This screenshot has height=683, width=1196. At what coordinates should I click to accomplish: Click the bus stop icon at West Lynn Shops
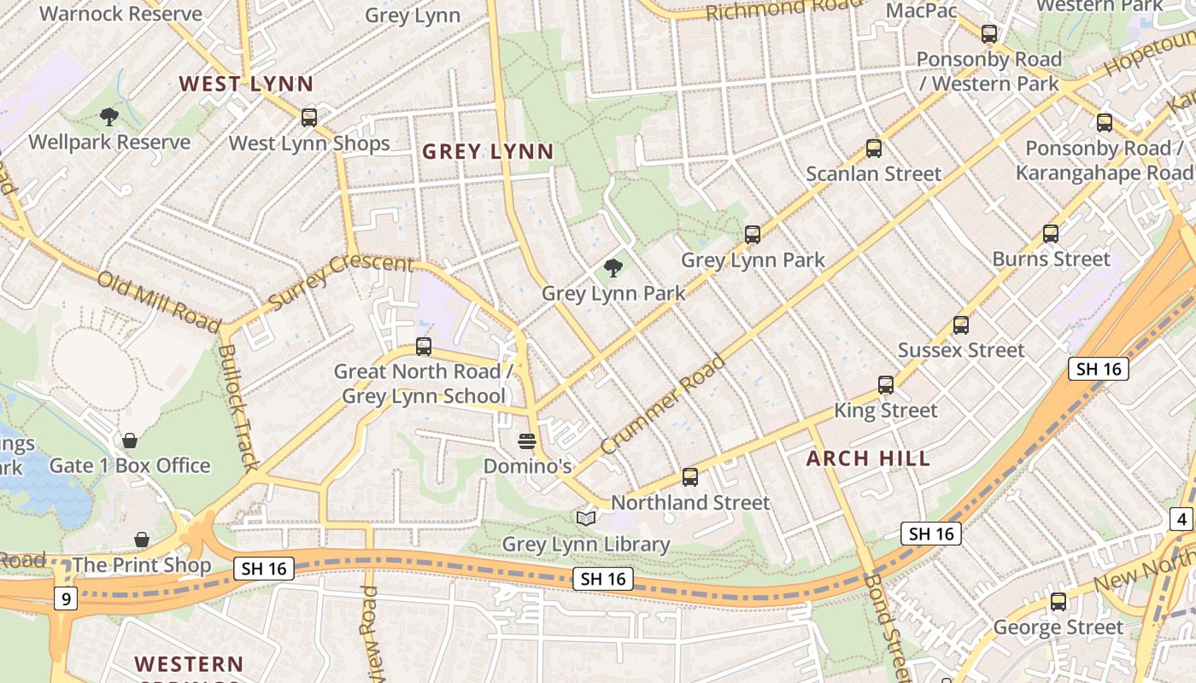(x=309, y=118)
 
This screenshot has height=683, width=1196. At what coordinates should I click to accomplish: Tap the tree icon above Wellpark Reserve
(x=108, y=116)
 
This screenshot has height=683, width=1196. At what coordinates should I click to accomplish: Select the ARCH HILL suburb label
(x=868, y=458)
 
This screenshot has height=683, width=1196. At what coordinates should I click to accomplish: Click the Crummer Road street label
(x=663, y=406)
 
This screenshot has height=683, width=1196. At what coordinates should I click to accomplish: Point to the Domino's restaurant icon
(x=527, y=441)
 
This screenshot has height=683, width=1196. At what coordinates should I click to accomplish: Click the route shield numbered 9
(x=65, y=598)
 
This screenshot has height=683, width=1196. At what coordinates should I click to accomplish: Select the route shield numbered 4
(x=1181, y=519)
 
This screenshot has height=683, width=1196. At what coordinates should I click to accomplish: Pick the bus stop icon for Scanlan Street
(x=874, y=149)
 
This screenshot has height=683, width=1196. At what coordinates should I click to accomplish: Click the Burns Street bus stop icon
(x=1051, y=234)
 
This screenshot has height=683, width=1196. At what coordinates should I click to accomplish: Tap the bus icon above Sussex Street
(x=961, y=325)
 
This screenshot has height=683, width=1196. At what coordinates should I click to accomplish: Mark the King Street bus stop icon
(x=886, y=385)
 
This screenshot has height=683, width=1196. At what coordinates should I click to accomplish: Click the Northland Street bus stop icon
(x=690, y=477)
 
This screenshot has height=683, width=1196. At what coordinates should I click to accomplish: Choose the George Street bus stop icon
(x=1058, y=602)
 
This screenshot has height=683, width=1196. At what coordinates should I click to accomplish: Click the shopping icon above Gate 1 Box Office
(x=130, y=441)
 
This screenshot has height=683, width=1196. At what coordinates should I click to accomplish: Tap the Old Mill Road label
(x=159, y=301)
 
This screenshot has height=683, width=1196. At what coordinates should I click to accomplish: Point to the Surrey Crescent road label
(x=340, y=282)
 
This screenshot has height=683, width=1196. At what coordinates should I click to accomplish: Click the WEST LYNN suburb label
(x=246, y=84)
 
